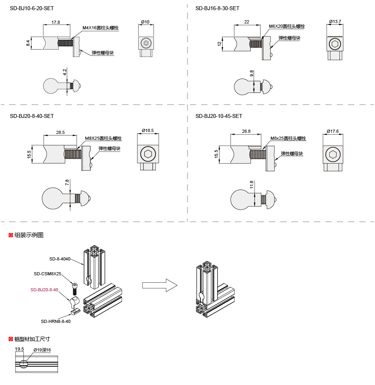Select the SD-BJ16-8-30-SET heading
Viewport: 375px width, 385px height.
pyautogui.click(x=217, y=8)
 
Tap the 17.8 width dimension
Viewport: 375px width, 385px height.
pyautogui.click(x=55, y=22)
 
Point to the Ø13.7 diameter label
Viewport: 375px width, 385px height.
pyautogui.click(x=335, y=21)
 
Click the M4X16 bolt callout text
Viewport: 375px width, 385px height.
pyautogui.click(x=100, y=28)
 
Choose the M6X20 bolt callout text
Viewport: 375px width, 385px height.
pyautogui.click(x=286, y=26)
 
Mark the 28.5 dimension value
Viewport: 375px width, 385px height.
pyautogui.click(x=60, y=132)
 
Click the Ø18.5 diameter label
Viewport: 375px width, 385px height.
pyautogui.click(x=148, y=130)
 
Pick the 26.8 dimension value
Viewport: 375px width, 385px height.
pyautogui.click(x=246, y=131)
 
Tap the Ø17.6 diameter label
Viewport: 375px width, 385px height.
pyautogui.click(x=333, y=131)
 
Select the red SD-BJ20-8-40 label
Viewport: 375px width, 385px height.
pyautogui.click(x=44, y=290)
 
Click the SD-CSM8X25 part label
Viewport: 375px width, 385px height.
pyautogui.click(x=47, y=274)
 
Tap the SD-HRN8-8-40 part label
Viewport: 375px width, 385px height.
pyautogui.click(x=55, y=321)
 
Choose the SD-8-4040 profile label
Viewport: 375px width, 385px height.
pyautogui.click(x=59, y=259)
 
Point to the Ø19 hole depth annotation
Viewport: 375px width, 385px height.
pyautogui.click(x=42, y=350)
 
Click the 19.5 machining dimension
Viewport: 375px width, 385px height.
pyautogui.click(x=20, y=349)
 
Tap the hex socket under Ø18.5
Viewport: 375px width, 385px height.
pyautogui.click(x=148, y=154)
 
